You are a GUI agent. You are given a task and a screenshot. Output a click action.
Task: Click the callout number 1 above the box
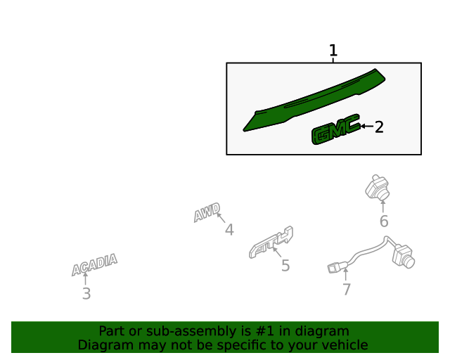(333, 50)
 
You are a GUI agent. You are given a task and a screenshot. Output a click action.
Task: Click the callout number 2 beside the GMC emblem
(379, 127)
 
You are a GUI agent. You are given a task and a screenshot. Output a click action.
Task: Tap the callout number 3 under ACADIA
(86, 294)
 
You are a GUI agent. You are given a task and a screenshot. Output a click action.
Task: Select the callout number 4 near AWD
(229, 230)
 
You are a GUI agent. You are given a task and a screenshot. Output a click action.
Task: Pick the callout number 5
(285, 266)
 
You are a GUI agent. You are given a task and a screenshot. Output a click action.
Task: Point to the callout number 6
(384, 221)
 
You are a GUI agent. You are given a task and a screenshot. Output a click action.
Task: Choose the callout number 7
(347, 289)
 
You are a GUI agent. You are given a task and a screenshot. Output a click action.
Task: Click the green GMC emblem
(336, 129)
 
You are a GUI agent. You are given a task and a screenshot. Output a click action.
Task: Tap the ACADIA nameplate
(94, 264)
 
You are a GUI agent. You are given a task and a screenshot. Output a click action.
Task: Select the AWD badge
(207, 212)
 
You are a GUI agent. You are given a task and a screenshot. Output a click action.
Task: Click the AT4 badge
(271, 243)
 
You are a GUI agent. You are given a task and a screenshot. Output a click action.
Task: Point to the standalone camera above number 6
(378, 188)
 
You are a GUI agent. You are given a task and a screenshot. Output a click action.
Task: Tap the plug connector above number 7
(335, 268)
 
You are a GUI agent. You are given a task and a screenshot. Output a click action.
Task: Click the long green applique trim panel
(314, 99)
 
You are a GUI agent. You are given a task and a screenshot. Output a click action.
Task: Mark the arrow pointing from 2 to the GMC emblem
(367, 126)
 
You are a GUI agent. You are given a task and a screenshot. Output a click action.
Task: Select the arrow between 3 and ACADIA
(85, 278)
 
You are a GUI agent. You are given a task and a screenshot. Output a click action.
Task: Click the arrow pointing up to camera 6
(382, 207)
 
